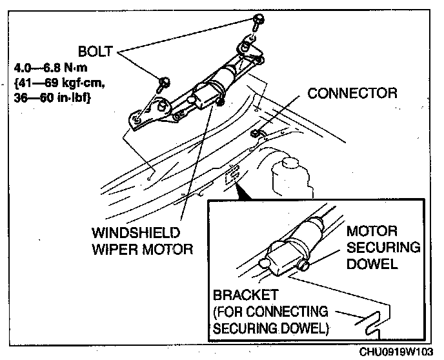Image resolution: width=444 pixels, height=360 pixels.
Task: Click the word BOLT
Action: click(96, 51)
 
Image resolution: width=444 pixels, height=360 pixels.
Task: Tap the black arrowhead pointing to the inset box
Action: click(239, 188)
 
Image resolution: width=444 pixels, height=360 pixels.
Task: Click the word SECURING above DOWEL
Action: click(383, 248)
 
